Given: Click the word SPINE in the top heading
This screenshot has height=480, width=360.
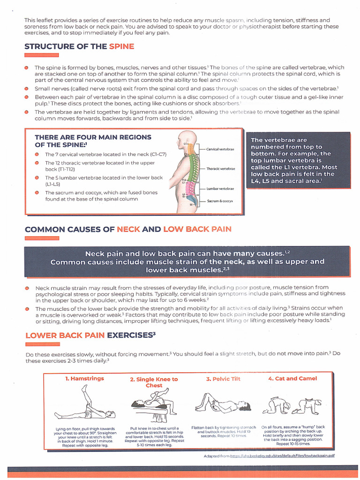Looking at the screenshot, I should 121,46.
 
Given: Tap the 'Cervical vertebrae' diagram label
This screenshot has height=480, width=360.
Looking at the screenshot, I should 220,149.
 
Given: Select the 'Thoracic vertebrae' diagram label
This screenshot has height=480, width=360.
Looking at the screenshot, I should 221,168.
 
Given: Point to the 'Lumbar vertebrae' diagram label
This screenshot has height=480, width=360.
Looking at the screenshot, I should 220,188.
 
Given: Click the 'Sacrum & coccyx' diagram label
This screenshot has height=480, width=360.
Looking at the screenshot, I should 220,201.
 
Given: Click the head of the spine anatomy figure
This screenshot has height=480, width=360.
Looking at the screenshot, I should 185,140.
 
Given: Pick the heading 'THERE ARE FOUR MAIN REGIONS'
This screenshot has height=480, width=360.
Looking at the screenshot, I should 93,137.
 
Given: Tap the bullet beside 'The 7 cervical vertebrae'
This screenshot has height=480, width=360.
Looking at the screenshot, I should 37,154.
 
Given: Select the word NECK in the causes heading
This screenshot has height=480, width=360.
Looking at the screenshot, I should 128,229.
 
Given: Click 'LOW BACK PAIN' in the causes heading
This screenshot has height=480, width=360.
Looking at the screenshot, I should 197,229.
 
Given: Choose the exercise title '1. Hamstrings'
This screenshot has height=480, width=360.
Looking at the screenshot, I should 84,378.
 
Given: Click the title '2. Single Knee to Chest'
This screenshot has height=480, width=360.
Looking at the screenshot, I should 154,382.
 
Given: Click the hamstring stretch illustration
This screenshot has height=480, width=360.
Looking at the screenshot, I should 84,403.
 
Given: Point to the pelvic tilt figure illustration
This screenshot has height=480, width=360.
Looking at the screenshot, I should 222,403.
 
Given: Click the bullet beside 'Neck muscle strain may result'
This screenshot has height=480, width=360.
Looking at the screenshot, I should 27,288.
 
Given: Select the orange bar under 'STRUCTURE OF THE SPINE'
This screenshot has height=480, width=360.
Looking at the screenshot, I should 41,56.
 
